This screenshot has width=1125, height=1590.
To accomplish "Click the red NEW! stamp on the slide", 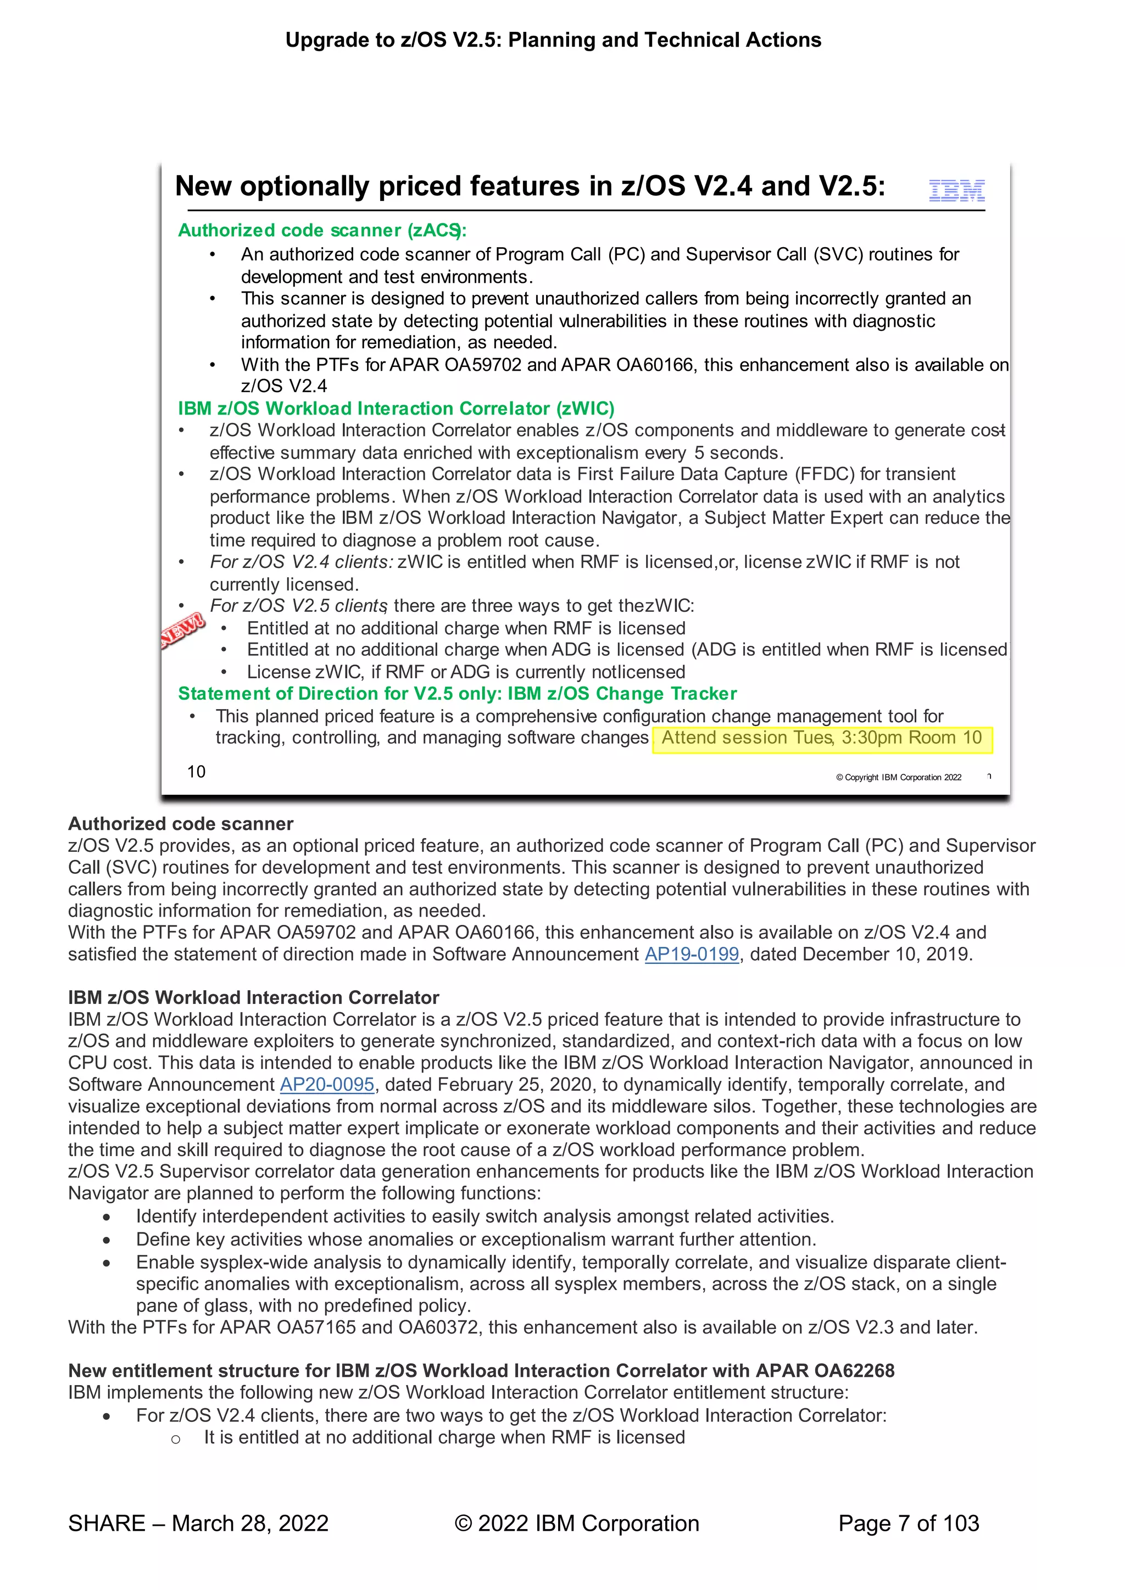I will point(183,629).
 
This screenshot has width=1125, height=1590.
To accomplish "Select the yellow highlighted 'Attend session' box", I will point(822,738).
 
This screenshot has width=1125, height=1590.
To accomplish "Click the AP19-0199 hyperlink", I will point(692,955).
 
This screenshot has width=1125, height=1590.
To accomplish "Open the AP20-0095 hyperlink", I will point(327,1085).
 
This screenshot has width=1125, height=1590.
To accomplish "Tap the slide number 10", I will point(196,772).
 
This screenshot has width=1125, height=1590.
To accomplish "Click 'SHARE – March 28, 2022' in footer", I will point(198,1523).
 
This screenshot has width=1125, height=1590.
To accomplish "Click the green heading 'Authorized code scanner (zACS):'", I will point(322,230).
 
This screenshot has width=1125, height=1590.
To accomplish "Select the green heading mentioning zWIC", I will point(396,409).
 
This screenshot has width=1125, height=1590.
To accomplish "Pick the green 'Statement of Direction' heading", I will point(457,694).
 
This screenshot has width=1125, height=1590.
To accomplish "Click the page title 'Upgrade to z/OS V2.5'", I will point(553,40).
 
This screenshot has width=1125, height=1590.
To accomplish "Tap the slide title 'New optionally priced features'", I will point(530,186).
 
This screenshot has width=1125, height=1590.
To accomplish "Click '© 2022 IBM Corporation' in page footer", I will point(576,1523).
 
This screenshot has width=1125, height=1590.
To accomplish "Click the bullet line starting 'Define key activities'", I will point(476,1239).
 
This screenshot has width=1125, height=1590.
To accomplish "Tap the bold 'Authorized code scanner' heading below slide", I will point(180,823).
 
